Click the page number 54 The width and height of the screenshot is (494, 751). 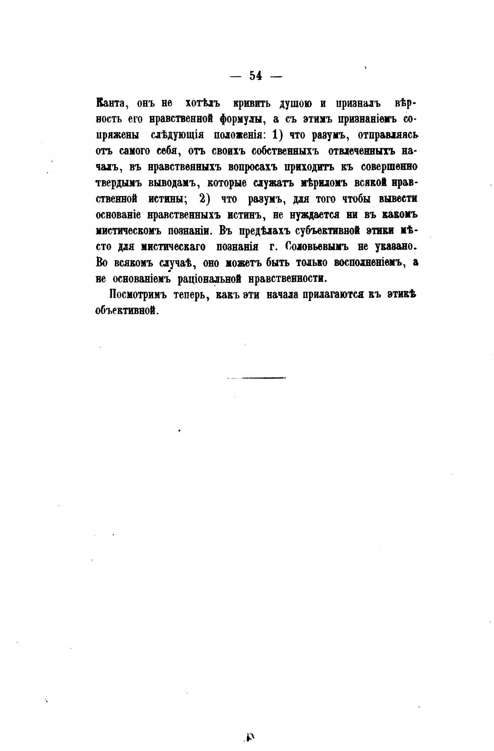click(256, 76)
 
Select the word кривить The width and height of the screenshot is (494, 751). click(252, 104)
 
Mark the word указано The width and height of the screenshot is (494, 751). click(396, 247)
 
